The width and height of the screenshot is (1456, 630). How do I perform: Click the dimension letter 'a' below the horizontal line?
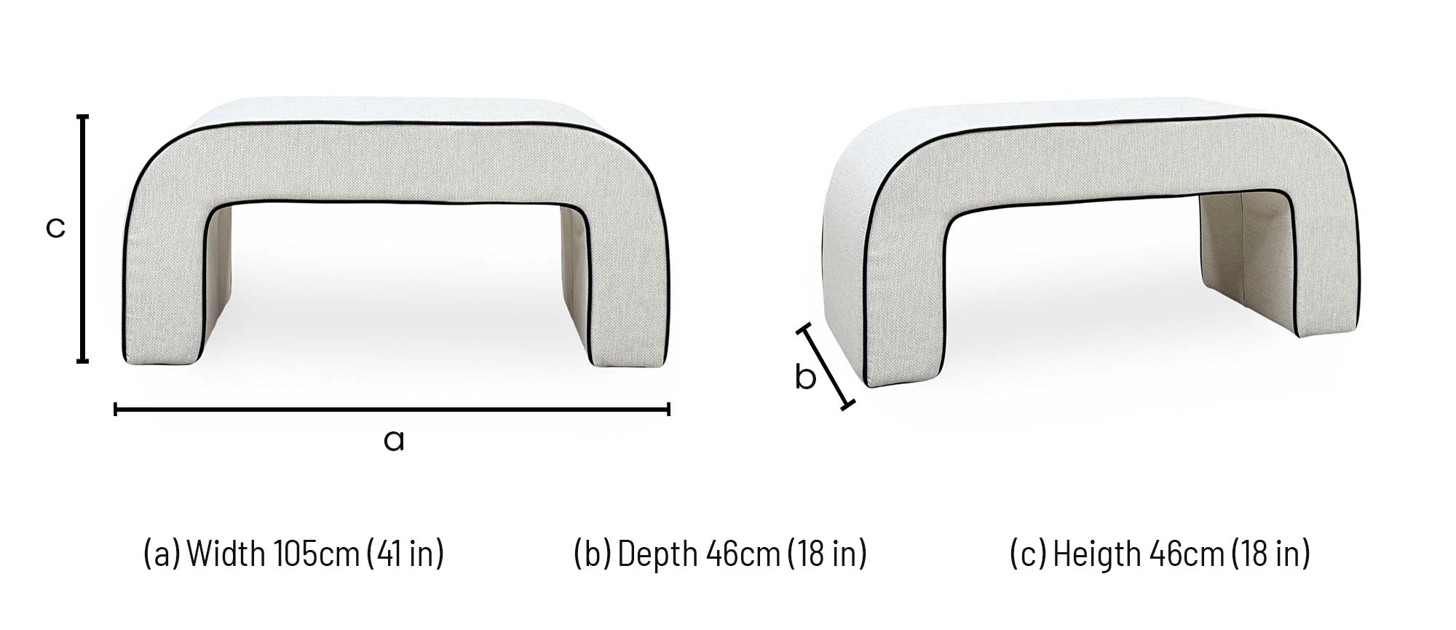tap(393, 440)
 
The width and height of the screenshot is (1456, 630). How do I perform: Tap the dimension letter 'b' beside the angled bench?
tap(804, 377)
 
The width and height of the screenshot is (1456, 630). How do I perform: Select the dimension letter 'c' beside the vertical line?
tap(55, 227)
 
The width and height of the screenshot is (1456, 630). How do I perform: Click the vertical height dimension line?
tap(83, 238)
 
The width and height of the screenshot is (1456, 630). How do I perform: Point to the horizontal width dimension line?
tap(392, 410)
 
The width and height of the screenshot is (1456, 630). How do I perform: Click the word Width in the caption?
tap(226, 554)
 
